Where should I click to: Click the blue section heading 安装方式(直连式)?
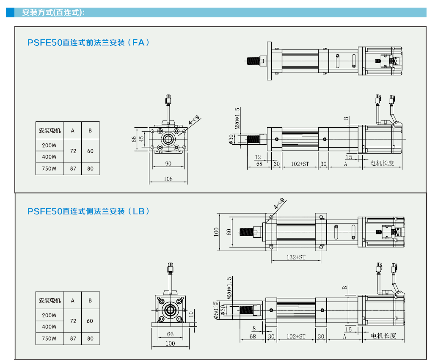(x=53, y=12)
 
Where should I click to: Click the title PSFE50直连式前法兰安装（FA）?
(x=89, y=43)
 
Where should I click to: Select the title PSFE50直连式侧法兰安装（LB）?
(x=89, y=211)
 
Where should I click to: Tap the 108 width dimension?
(x=168, y=179)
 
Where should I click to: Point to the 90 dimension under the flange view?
(x=168, y=163)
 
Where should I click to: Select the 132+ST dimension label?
(x=296, y=257)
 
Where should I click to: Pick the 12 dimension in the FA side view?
(x=258, y=157)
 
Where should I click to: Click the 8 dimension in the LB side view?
(x=254, y=328)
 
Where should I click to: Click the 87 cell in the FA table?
(x=73, y=168)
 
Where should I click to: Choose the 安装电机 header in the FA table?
(x=50, y=131)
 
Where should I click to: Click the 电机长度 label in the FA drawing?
(x=382, y=163)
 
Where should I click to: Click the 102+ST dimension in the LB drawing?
(x=296, y=336)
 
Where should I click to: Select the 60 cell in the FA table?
(x=90, y=151)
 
